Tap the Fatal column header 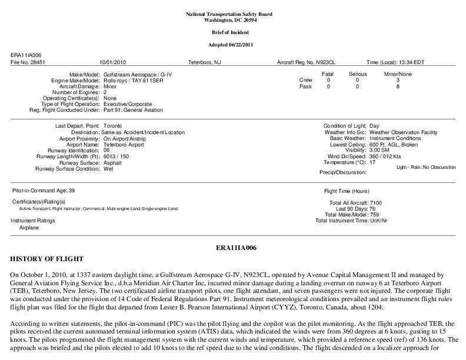click(x=328, y=74)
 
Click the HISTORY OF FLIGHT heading click(x=47, y=259)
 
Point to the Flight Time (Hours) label click(x=347, y=191)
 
